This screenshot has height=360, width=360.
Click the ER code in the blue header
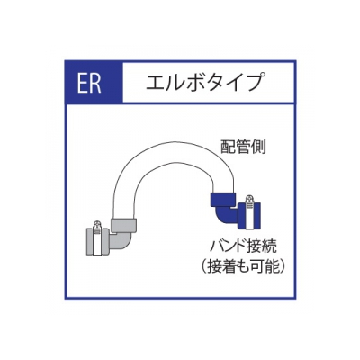coord(89,82)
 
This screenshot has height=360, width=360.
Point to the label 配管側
coord(243,147)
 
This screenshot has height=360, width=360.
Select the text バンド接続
coord(243,247)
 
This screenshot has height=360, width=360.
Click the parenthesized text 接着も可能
coord(242,266)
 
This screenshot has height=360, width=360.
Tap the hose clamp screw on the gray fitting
coord(97,225)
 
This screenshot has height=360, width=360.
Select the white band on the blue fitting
coord(248,216)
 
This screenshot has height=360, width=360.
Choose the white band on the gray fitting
coord(97,242)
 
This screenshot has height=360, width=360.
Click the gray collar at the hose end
coord(124,225)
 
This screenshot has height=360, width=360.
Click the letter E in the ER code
coord(82,82)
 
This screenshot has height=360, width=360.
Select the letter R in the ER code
coord(95,82)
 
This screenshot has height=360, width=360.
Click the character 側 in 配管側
coord(258,147)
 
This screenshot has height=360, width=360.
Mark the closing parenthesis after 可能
coord(282,266)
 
